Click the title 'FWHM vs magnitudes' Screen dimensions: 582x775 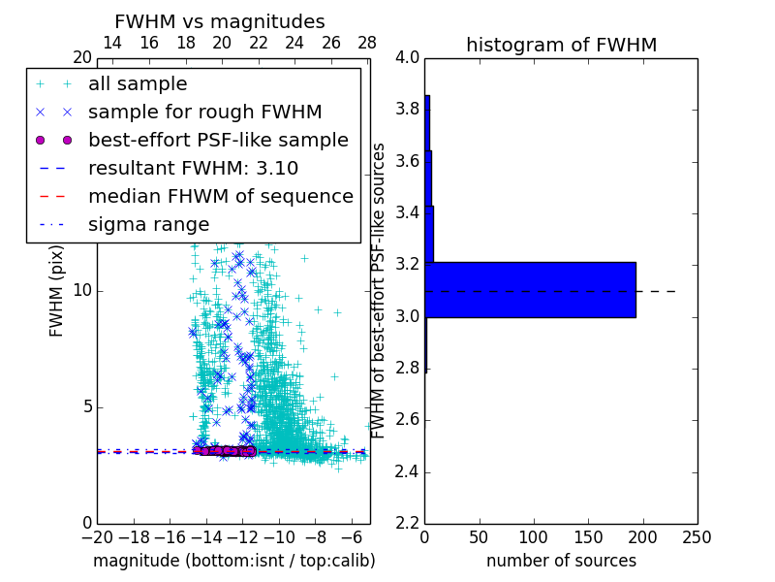[220, 21]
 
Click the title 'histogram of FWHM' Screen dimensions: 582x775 [561, 45]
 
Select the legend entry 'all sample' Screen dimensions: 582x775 [138, 84]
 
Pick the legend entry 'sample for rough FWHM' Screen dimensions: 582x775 [204, 112]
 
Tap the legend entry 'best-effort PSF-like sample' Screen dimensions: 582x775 [218, 140]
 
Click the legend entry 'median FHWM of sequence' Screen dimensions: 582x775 [220, 196]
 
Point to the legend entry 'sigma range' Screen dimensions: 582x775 [148, 224]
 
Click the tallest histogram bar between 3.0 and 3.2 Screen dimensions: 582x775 [530, 289]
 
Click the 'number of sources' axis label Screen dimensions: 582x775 [561, 561]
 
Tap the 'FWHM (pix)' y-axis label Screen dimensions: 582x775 [57, 290]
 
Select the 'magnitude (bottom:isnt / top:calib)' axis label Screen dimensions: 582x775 [233, 561]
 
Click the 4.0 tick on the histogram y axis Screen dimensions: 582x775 [407, 57]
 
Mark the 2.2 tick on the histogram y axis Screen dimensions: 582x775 [407, 524]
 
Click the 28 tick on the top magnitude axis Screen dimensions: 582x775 [367, 43]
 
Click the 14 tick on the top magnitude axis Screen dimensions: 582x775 [112, 43]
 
